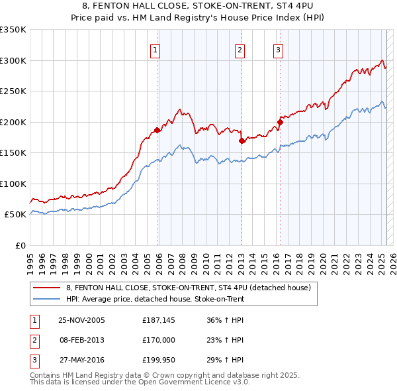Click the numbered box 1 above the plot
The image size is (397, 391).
tap(154, 49)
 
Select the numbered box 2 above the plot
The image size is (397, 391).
tap(239, 49)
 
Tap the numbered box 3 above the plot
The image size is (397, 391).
tap(278, 49)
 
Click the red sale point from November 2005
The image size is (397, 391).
tap(157, 130)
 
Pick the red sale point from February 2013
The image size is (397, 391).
tap(242, 140)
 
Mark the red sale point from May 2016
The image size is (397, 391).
tap(281, 122)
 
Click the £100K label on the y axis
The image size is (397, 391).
tap(13, 184)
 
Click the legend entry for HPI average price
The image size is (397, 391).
tap(155, 299)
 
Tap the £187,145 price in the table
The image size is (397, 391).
tap(157, 320)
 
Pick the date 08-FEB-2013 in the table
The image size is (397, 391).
tap(81, 340)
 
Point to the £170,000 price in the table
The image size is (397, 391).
tap(157, 340)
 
